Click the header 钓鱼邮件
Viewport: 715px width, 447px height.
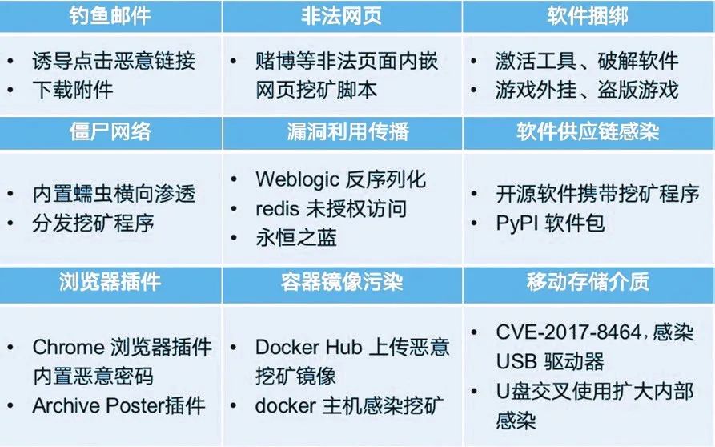(110, 15)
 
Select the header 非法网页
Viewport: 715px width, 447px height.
(342, 15)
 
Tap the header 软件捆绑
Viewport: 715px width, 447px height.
(588, 15)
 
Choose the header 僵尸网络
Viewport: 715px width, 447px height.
(110, 132)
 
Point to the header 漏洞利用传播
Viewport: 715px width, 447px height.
(348, 132)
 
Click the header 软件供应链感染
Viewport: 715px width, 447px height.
(588, 132)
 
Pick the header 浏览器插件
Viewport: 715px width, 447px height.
(110, 281)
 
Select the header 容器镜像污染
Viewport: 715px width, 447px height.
(342, 281)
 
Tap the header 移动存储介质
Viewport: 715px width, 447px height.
(588, 281)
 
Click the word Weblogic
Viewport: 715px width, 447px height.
(297, 179)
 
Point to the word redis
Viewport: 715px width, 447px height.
(277, 209)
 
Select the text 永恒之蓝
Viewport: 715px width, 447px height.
(296, 238)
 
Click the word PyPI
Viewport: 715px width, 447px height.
(517, 223)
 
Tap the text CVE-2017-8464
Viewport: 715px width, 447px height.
(568, 332)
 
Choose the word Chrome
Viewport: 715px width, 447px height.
(68, 348)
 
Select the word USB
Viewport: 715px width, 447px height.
(516, 361)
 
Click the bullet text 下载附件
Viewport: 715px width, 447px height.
(73, 90)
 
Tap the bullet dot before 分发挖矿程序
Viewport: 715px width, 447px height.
(11, 223)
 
